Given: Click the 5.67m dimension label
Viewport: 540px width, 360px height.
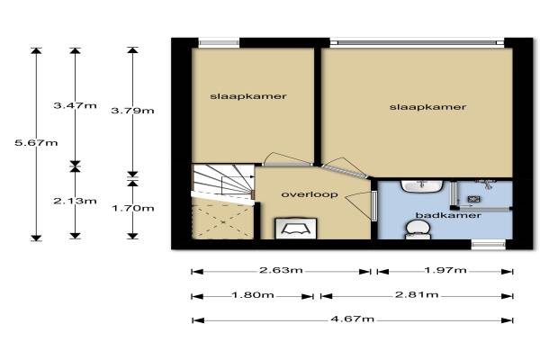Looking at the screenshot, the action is click(x=36, y=142).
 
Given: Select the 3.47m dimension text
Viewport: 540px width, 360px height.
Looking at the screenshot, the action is click(x=75, y=105).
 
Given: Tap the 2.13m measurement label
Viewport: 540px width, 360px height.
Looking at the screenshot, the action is click(x=75, y=201).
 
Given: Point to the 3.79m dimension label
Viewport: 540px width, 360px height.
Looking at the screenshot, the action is click(x=132, y=111).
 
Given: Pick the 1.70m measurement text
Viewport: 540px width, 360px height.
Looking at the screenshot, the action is click(x=132, y=208).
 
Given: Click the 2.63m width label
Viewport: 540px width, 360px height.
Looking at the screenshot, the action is click(x=281, y=270).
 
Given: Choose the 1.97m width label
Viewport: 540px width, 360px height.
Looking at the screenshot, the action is click(x=445, y=270).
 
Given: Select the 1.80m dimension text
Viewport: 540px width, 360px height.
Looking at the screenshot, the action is click(x=253, y=295).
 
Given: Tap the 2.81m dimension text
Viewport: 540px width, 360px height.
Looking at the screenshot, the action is click(x=417, y=294).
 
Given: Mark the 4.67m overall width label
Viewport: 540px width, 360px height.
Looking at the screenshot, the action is click(x=352, y=319).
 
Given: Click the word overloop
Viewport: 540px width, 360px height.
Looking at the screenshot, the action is click(x=310, y=194).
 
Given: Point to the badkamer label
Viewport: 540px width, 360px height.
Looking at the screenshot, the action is click(x=448, y=215).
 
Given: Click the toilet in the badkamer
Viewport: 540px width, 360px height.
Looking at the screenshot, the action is click(x=418, y=229).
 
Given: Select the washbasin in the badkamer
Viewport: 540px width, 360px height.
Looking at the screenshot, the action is click(x=421, y=186).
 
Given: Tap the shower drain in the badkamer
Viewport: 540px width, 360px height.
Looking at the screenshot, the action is click(x=474, y=199).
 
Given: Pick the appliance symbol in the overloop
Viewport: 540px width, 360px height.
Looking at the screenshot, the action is click(x=296, y=228).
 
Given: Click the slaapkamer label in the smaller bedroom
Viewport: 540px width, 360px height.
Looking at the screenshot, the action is click(x=248, y=96).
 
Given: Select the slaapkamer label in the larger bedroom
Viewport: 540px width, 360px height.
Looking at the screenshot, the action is click(x=428, y=107).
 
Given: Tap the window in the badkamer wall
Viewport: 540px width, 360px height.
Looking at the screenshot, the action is click(x=489, y=245).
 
